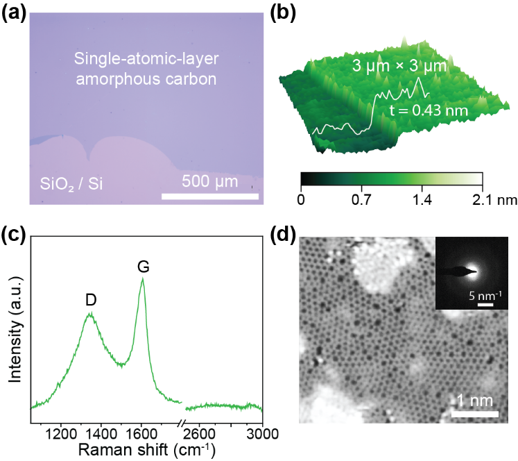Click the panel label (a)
point(15,13)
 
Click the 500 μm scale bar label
point(210,182)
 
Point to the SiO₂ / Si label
point(69,185)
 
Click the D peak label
point(90,299)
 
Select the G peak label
point(144,266)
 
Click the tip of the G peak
point(143,278)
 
